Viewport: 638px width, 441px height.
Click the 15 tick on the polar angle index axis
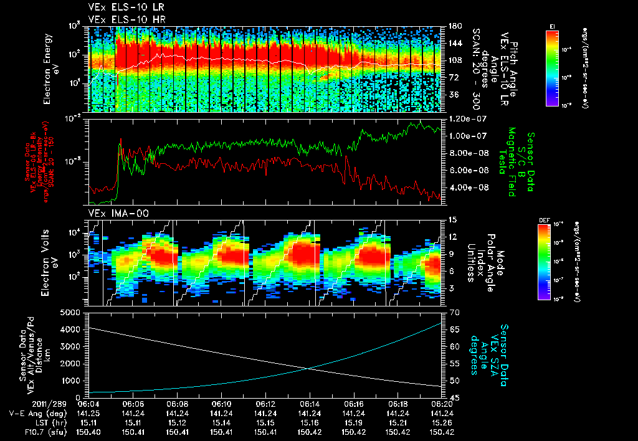[452, 220]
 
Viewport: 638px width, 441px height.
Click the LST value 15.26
[442, 422]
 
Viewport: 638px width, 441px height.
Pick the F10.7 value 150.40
[89, 432]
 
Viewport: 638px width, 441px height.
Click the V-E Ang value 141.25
[89, 413]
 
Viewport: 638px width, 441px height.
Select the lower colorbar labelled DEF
[543, 262]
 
